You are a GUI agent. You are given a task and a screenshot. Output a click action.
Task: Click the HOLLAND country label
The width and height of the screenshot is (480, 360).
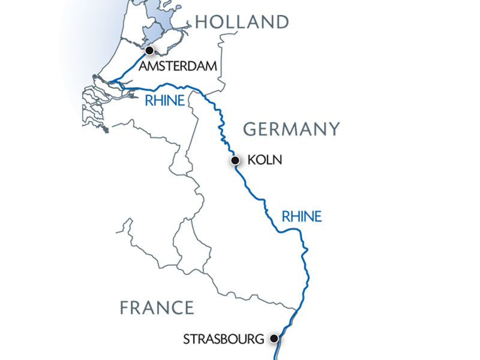242,22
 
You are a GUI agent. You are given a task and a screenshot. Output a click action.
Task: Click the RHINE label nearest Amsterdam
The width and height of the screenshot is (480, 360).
164,101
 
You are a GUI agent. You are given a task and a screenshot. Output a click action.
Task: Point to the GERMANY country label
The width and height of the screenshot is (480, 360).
291,129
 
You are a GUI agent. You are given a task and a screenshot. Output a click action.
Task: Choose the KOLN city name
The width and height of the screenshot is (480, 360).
264,161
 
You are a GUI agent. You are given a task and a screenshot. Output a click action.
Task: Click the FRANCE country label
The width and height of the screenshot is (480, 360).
157,308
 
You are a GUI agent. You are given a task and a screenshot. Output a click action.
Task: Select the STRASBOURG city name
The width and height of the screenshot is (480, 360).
223,340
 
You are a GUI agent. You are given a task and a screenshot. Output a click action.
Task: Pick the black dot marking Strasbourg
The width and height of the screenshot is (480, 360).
274,339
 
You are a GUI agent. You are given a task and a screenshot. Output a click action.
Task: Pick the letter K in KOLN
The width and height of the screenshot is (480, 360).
251,161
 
